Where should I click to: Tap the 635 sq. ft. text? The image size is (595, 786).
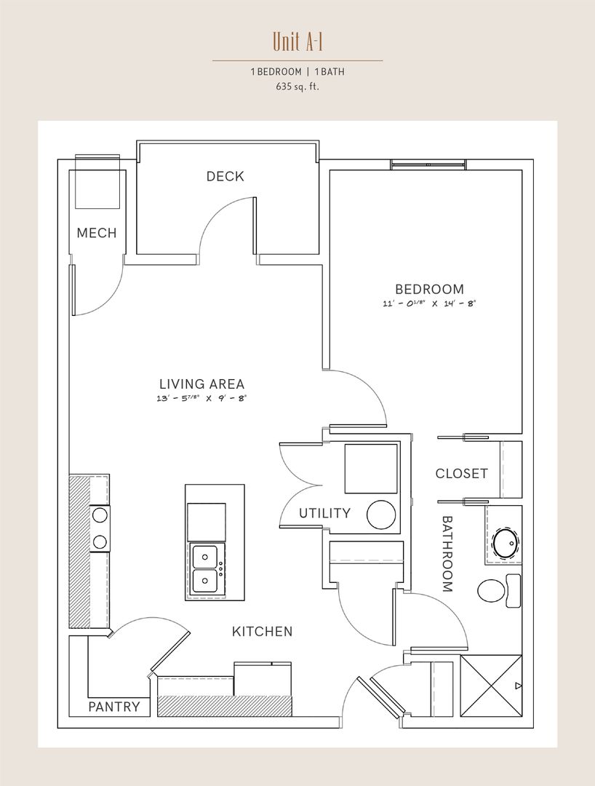[297, 86]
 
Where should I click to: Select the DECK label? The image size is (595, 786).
[225, 176]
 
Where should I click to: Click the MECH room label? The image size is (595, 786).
[97, 233]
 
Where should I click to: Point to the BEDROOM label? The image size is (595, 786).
[430, 289]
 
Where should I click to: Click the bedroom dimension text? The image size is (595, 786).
[429, 303]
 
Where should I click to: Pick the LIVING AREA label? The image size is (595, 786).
[201, 384]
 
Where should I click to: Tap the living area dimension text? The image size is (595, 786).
[201, 399]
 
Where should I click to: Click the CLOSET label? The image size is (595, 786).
[461, 474]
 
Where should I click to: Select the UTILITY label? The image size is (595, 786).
[324, 513]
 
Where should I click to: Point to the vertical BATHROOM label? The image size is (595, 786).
[447, 554]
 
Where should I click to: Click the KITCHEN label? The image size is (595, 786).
[263, 632]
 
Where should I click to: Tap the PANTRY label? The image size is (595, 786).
[114, 707]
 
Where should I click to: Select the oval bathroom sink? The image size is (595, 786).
[506, 542]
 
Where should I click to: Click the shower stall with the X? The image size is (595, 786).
[491, 686]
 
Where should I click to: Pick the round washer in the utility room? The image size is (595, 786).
[381, 515]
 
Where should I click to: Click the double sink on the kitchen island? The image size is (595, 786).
[205, 569]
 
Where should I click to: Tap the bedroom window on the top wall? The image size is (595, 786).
[428, 164]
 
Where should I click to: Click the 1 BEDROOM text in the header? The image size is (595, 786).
[276, 71]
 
